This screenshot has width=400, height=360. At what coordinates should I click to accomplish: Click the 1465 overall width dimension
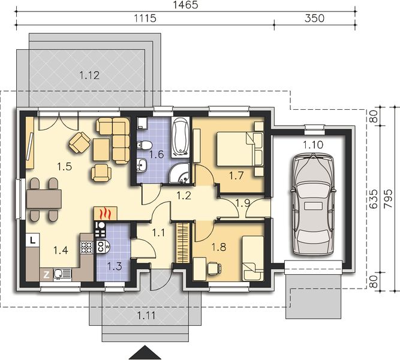pyautogui.click(x=185, y=5)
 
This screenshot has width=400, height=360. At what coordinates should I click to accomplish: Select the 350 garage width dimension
pyautogui.click(x=314, y=19)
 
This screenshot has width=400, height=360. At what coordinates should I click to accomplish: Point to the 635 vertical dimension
pyautogui.click(x=374, y=199)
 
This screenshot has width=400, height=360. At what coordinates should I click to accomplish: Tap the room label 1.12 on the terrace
pyautogui.click(x=89, y=76)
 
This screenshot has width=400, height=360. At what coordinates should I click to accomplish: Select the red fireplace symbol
pyautogui.click(x=106, y=214)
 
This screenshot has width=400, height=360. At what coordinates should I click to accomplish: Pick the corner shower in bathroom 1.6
pyautogui.click(x=180, y=174)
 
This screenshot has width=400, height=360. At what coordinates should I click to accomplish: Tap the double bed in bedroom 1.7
pyautogui.click(x=240, y=149)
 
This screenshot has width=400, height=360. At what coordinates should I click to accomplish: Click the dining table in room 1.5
pyautogui.click(x=44, y=199)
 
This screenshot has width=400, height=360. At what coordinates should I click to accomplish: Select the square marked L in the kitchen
pyautogui.click(x=32, y=240)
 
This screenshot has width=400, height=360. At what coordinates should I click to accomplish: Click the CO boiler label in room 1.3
pyautogui.click(x=100, y=247)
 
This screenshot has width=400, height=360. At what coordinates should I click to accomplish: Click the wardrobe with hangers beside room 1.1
pyautogui.click(x=183, y=242)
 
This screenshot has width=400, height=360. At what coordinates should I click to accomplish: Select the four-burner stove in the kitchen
pyautogui.click(x=87, y=247)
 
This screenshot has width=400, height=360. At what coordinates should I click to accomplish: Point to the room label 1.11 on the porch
pyautogui.click(x=146, y=316)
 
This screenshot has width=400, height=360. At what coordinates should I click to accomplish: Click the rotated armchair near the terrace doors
pyautogui.click(x=79, y=142)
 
